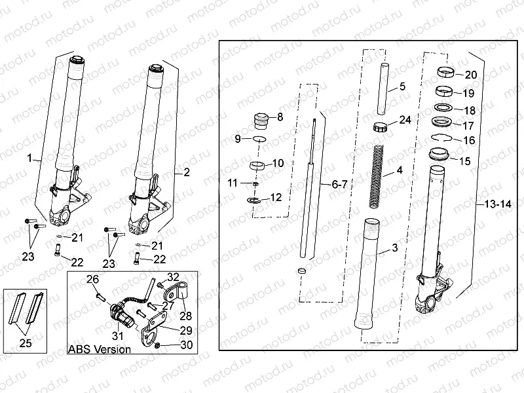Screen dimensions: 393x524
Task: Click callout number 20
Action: [470, 75]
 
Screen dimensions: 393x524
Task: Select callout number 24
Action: [405, 120]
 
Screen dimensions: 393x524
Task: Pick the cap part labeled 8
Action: [261, 121]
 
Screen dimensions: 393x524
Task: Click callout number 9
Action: [238, 138]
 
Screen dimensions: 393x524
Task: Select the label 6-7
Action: [339, 185]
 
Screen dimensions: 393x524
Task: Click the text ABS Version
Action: [99, 349]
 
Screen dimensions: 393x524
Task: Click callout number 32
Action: [173, 276]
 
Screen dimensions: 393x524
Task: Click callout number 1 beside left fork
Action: [29, 159]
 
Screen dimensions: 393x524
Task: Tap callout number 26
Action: [93, 280]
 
